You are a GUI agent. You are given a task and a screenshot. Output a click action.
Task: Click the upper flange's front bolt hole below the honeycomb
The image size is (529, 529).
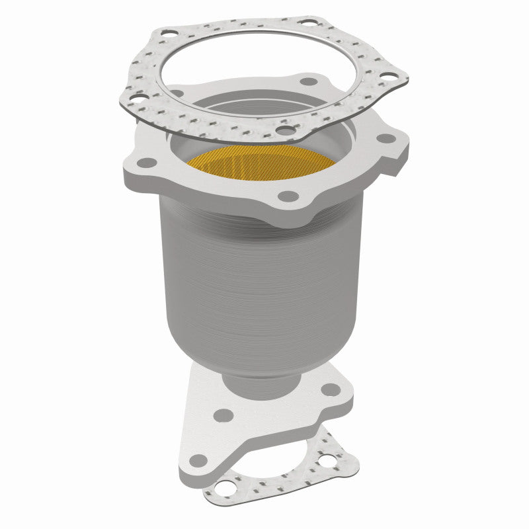click(286, 196)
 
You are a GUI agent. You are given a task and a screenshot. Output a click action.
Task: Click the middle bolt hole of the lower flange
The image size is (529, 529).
click(224, 415)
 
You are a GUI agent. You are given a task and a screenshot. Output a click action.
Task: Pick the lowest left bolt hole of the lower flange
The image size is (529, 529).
click(196, 458)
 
